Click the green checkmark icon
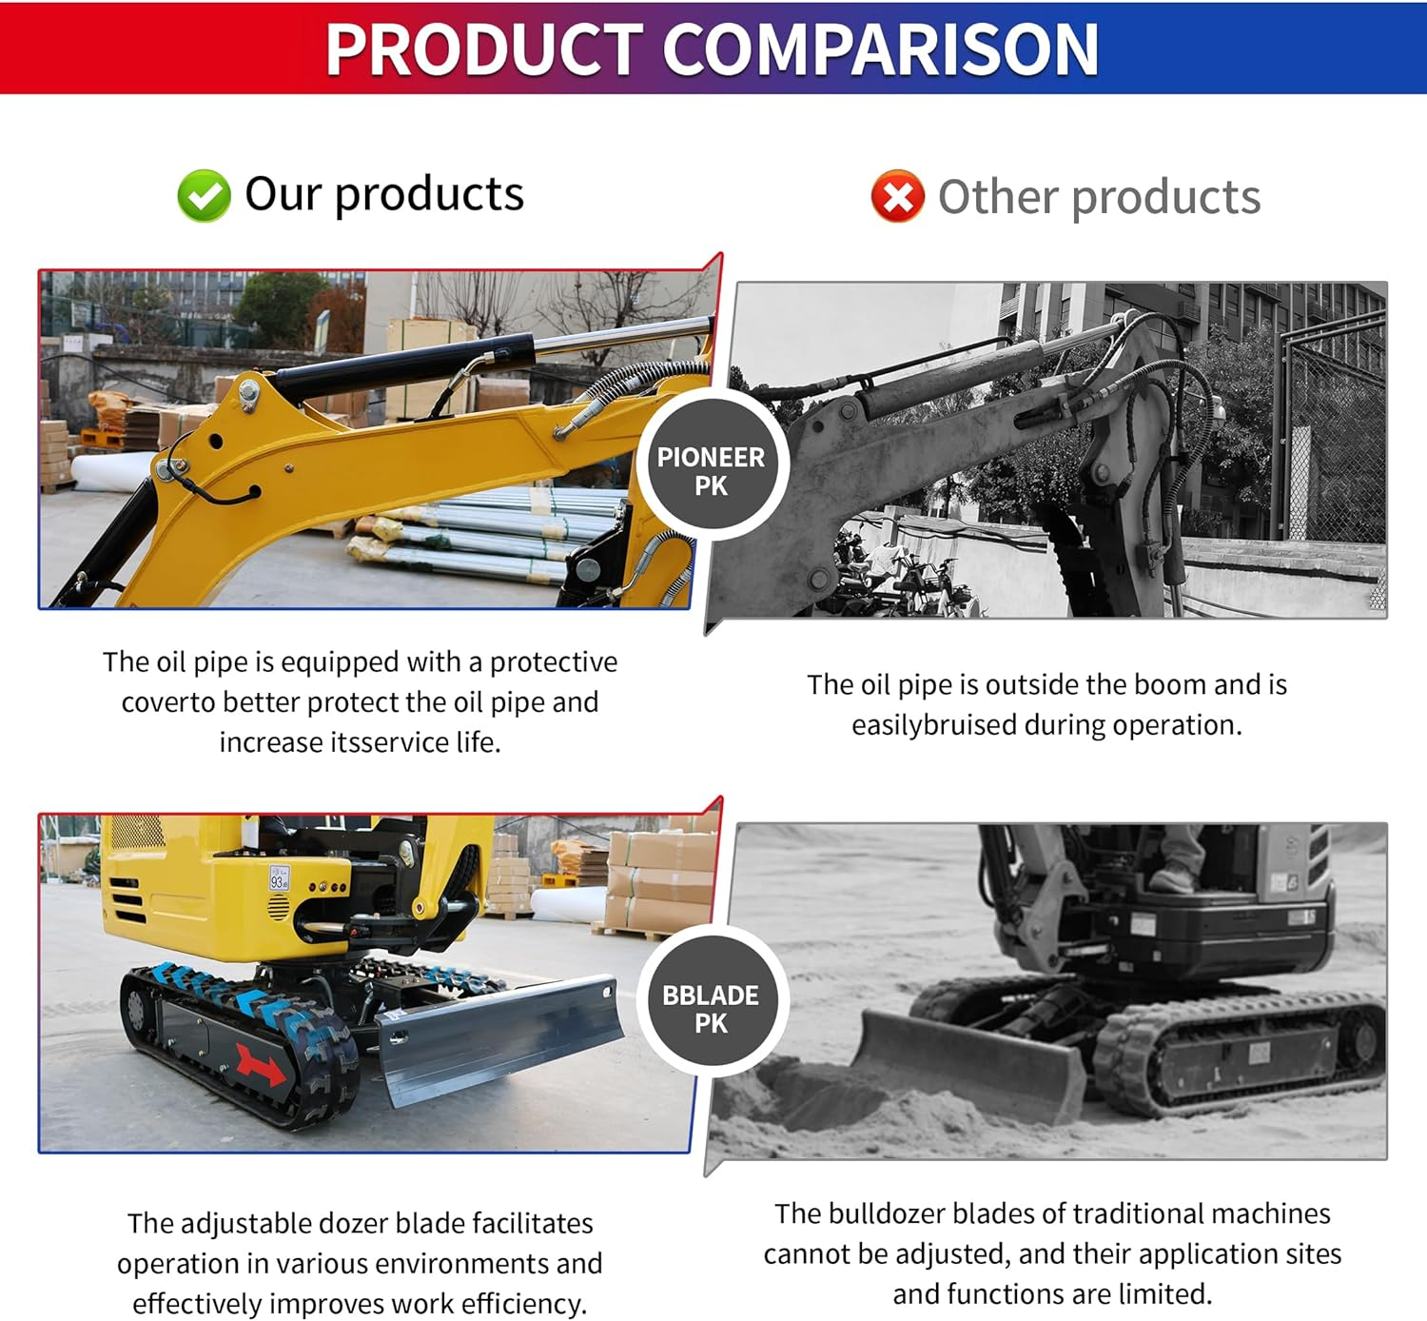click(204, 196)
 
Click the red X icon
click(897, 197)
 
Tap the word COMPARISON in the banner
click(880, 49)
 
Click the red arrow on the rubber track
click(260, 1064)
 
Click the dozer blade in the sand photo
click(970, 1061)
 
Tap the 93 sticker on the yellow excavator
click(278, 879)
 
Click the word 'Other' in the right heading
click(997, 198)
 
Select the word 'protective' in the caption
click(553, 661)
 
